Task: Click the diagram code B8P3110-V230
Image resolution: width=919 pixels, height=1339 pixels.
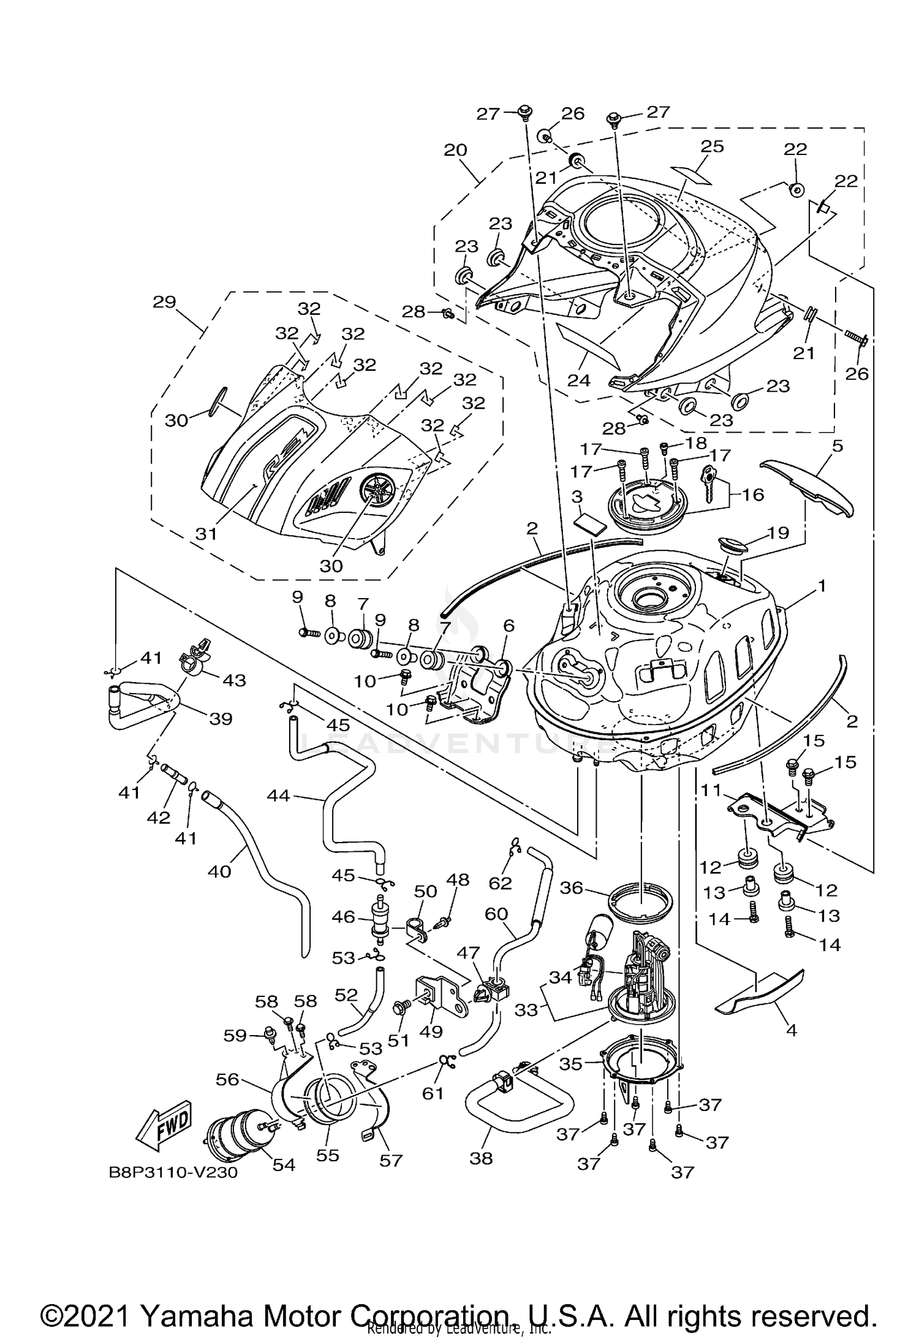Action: (173, 1173)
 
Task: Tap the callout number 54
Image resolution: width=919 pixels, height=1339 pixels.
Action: (284, 1164)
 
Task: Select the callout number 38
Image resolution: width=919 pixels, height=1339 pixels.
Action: (481, 1159)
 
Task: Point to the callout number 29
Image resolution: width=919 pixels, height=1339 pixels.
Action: (165, 302)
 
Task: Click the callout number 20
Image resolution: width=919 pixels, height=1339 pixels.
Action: (455, 150)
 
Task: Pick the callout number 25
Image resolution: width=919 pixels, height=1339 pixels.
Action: (713, 146)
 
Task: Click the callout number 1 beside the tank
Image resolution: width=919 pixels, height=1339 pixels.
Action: (822, 586)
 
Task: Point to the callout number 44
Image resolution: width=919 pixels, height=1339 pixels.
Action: (279, 796)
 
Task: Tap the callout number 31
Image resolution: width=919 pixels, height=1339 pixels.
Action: (206, 533)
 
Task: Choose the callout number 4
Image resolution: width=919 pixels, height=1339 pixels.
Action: (792, 1030)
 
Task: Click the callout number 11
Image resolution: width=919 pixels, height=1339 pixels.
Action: (711, 791)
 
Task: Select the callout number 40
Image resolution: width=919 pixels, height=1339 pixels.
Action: (219, 871)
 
